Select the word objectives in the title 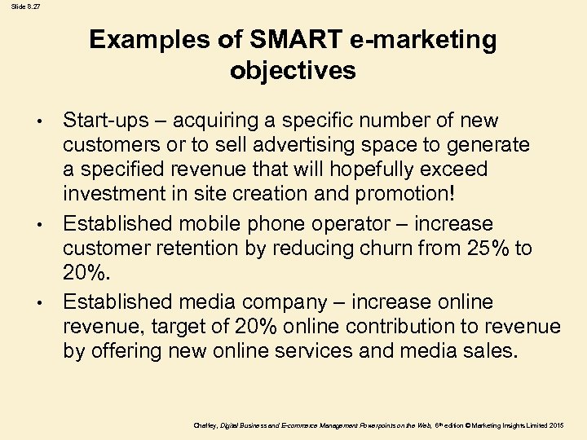pos(293,70)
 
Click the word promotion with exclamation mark pos(419,195)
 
